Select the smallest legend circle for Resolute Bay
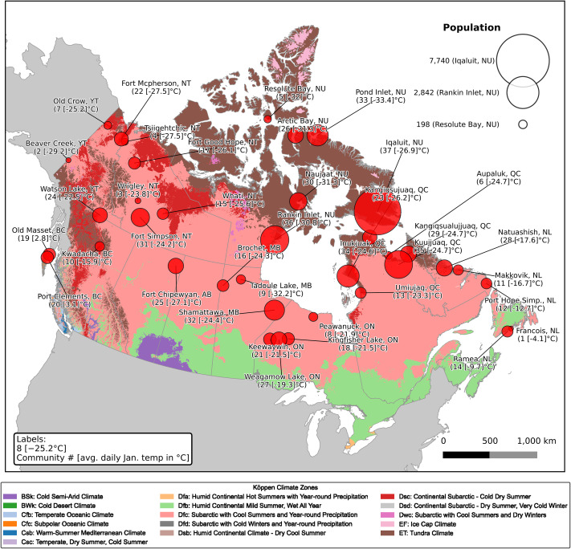pos(523,124)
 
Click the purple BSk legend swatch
pos(10,499)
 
